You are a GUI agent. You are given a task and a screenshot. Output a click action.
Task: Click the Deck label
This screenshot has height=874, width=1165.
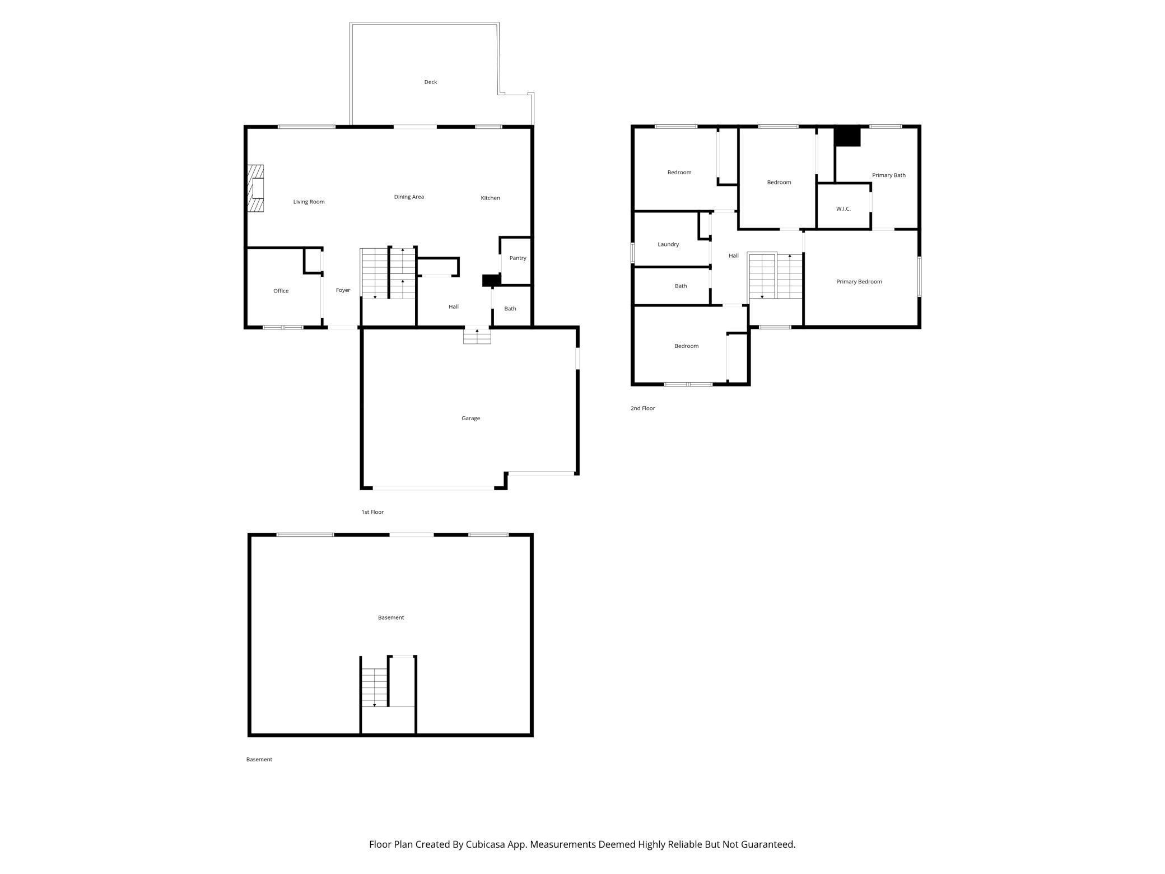pyautogui.click(x=430, y=82)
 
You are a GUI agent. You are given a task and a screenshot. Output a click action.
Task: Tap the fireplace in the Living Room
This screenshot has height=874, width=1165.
pyautogui.click(x=256, y=189)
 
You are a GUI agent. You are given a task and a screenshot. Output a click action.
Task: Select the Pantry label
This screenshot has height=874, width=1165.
pyautogui.click(x=518, y=258)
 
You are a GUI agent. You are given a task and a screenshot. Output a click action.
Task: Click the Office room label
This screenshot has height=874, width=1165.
pyautogui.click(x=281, y=291)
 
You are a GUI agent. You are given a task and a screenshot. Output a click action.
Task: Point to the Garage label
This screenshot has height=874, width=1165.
pyautogui.click(x=470, y=418)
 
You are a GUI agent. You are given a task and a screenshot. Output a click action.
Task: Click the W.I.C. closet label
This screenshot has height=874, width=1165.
pyautogui.click(x=843, y=209)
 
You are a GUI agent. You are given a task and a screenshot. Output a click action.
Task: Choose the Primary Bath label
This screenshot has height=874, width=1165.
pyautogui.click(x=888, y=175)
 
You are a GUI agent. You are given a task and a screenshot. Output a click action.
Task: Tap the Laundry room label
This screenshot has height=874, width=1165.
pyautogui.click(x=668, y=244)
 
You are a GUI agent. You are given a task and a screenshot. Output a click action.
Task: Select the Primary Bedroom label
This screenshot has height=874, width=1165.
pyautogui.click(x=859, y=282)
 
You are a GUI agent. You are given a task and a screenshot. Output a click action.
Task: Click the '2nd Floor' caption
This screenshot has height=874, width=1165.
pyautogui.click(x=642, y=408)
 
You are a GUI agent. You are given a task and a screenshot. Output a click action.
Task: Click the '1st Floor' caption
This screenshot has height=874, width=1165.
pyautogui.click(x=372, y=512)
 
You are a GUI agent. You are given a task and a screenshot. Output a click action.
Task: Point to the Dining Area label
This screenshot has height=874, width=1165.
pyautogui.click(x=409, y=197)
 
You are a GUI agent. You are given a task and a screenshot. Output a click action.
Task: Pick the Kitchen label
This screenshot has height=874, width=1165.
pyautogui.click(x=490, y=198)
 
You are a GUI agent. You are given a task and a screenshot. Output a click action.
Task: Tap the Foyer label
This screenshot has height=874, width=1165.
pyautogui.click(x=343, y=290)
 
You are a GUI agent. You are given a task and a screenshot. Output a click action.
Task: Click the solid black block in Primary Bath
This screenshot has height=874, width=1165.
pyautogui.click(x=847, y=137)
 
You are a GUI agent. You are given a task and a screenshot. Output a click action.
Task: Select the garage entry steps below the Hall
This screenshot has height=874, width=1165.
pyautogui.click(x=477, y=336)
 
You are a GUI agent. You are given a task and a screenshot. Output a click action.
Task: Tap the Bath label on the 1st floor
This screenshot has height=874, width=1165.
pyautogui.click(x=510, y=309)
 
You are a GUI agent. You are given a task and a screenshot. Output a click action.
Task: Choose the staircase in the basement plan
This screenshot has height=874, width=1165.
pyautogui.click(x=375, y=687)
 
